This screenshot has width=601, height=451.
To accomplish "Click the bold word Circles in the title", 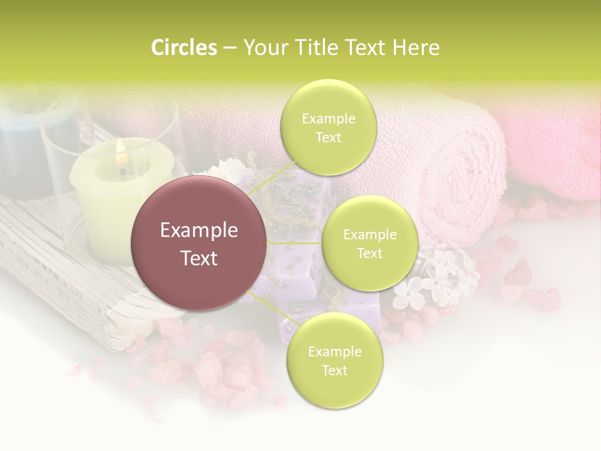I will (x=184, y=48).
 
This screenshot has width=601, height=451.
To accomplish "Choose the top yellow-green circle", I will (x=328, y=127).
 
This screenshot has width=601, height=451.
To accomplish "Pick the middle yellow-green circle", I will (x=369, y=243).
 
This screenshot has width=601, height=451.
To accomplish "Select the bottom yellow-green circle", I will (x=334, y=360).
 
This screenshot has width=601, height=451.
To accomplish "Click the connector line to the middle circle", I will (x=294, y=243).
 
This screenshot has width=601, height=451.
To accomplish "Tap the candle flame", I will (x=121, y=150).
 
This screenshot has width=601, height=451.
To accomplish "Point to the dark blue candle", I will (x=25, y=150).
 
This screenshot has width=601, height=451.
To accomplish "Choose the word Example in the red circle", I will (x=199, y=231).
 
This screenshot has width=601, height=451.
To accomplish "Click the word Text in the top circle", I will (x=328, y=137).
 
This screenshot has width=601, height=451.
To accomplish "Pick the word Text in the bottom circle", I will (x=334, y=370).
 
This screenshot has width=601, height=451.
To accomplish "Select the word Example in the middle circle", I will (x=369, y=234).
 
